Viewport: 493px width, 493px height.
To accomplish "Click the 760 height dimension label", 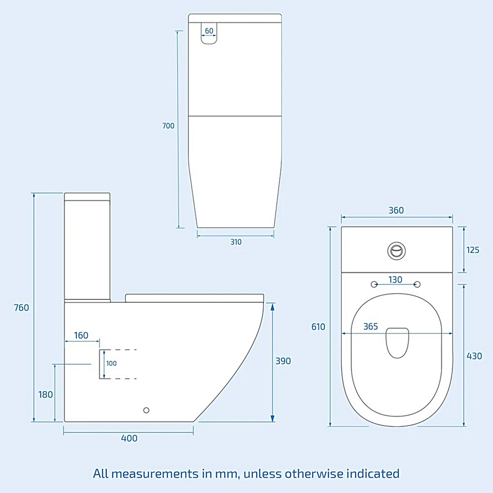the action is (21, 308).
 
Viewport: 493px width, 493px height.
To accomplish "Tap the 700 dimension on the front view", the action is (168, 126).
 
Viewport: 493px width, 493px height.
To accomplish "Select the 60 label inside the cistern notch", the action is (209, 31).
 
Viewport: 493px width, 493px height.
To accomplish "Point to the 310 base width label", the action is (236, 242).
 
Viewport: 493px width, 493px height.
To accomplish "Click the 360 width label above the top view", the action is (396, 210).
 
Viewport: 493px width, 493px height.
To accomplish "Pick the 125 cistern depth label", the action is (473, 250).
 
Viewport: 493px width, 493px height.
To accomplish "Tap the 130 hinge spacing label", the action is (395, 280).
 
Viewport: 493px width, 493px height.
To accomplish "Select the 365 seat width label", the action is (371, 326).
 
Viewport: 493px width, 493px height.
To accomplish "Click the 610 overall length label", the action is (318, 327).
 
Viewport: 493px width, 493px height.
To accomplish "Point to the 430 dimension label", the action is (474, 356).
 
